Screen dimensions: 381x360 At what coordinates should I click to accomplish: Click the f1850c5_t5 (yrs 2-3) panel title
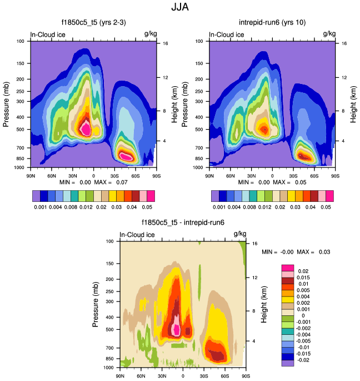click(x=92, y=23)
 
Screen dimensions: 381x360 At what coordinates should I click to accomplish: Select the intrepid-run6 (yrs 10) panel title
click(x=272, y=23)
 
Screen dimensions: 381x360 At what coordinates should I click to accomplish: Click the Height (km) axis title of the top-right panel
click(x=352, y=103)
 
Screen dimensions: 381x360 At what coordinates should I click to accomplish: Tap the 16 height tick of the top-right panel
click(x=344, y=43)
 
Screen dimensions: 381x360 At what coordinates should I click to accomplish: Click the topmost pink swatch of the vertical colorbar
click(x=287, y=269)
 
